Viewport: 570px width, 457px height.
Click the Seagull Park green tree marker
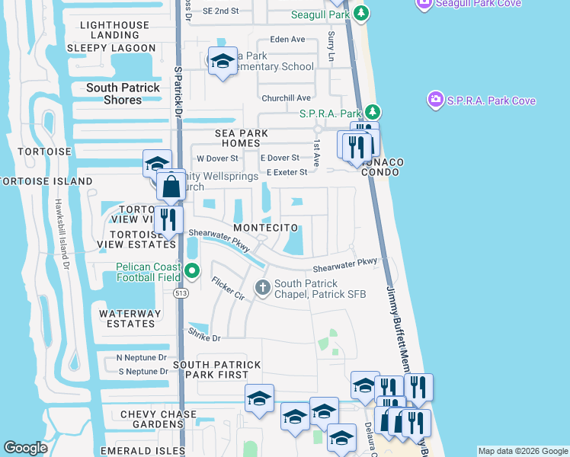click(x=363, y=14)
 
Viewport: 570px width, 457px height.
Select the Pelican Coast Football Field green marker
click(x=192, y=270)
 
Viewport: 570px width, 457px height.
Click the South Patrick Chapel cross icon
click(x=263, y=288)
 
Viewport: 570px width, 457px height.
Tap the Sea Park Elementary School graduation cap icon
click(x=223, y=62)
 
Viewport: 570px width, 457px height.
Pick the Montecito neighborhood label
click(x=266, y=228)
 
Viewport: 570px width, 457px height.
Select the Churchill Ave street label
click(x=287, y=97)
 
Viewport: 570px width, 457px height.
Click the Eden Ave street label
click(x=287, y=39)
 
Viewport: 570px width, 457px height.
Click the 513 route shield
click(x=181, y=292)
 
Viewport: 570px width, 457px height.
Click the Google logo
click(x=26, y=448)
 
